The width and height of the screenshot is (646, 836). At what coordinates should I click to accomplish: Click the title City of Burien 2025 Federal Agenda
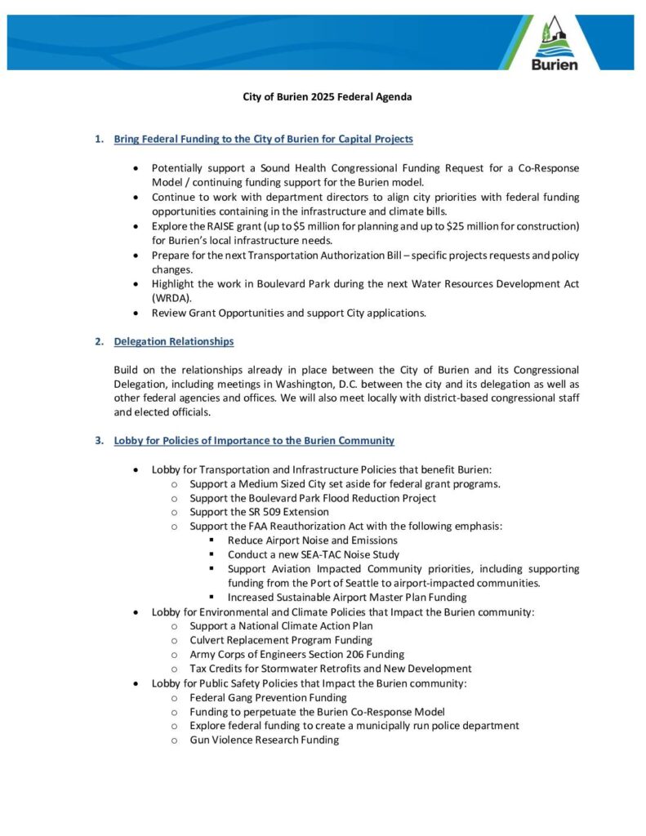(x=327, y=97)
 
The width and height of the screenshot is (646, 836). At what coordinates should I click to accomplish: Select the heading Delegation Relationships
(x=173, y=341)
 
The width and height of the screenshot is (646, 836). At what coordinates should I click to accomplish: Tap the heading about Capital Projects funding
(x=263, y=140)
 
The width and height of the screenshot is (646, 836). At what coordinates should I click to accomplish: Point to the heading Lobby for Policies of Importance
(x=254, y=441)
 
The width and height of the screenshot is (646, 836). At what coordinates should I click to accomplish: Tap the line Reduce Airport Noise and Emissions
(x=313, y=540)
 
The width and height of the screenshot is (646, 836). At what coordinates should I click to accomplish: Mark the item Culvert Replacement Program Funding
(x=281, y=640)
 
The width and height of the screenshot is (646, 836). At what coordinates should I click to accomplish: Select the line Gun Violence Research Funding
(x=265, y=740)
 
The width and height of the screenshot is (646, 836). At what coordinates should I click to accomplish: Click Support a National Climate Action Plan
(x=282, y=625)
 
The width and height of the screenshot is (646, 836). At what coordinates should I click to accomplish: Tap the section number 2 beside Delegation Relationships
(x=98, y=341)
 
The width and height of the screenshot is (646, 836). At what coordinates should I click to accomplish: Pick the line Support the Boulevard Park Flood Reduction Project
(x=313, y=498)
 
